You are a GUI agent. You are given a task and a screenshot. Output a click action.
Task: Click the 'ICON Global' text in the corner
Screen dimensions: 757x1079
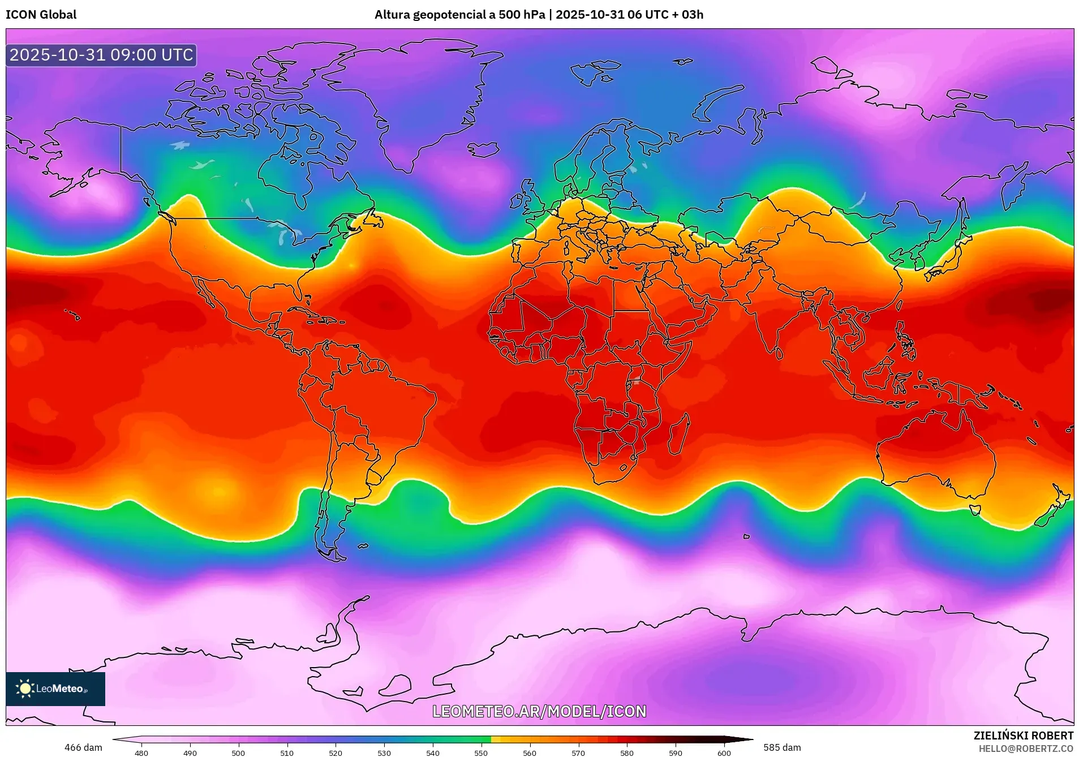click(41, 15)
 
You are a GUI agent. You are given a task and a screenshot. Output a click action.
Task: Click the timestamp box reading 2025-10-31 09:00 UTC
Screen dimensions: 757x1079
click(101, 55)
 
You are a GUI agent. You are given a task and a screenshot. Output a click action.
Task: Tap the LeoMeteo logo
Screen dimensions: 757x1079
click(55, 689)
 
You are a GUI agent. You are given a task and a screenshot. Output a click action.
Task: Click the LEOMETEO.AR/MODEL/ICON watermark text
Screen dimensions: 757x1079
click(539, 711)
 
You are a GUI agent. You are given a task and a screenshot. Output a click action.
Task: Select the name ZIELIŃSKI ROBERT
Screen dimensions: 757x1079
click(1023, 736)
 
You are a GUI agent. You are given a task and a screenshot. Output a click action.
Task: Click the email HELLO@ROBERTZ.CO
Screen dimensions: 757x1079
click(1025, 749)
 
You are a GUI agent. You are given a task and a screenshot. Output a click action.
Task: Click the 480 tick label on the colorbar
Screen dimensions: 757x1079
click(141, 753)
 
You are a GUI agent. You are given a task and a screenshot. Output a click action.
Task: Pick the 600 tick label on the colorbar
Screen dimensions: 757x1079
click(724, 753)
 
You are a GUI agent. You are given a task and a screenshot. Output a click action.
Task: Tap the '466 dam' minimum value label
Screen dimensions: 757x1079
click(83, 747)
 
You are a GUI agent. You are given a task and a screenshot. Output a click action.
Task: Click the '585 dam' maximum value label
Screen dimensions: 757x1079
click(782, 747)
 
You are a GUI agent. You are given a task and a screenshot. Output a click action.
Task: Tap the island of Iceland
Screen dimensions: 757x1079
click(484, 149)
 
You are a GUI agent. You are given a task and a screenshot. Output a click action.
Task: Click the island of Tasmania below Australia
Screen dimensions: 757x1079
click(975, 510)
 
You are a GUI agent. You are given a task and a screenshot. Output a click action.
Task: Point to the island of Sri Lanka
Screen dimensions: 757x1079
click(779, 353)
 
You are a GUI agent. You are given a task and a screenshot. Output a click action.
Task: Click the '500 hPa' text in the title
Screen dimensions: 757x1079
click(521, 15)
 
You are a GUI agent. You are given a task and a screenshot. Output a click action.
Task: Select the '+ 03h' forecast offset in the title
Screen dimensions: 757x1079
click(688, 15)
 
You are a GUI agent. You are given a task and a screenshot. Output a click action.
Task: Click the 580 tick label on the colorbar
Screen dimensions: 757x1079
click(626, 753)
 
